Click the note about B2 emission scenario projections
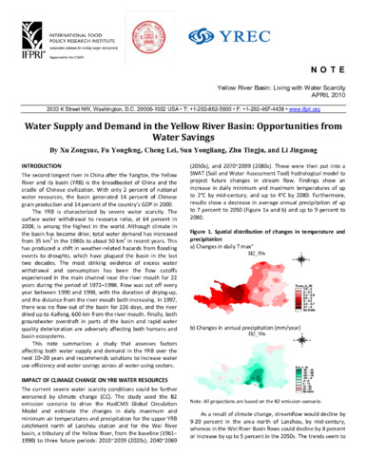point(276,419)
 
